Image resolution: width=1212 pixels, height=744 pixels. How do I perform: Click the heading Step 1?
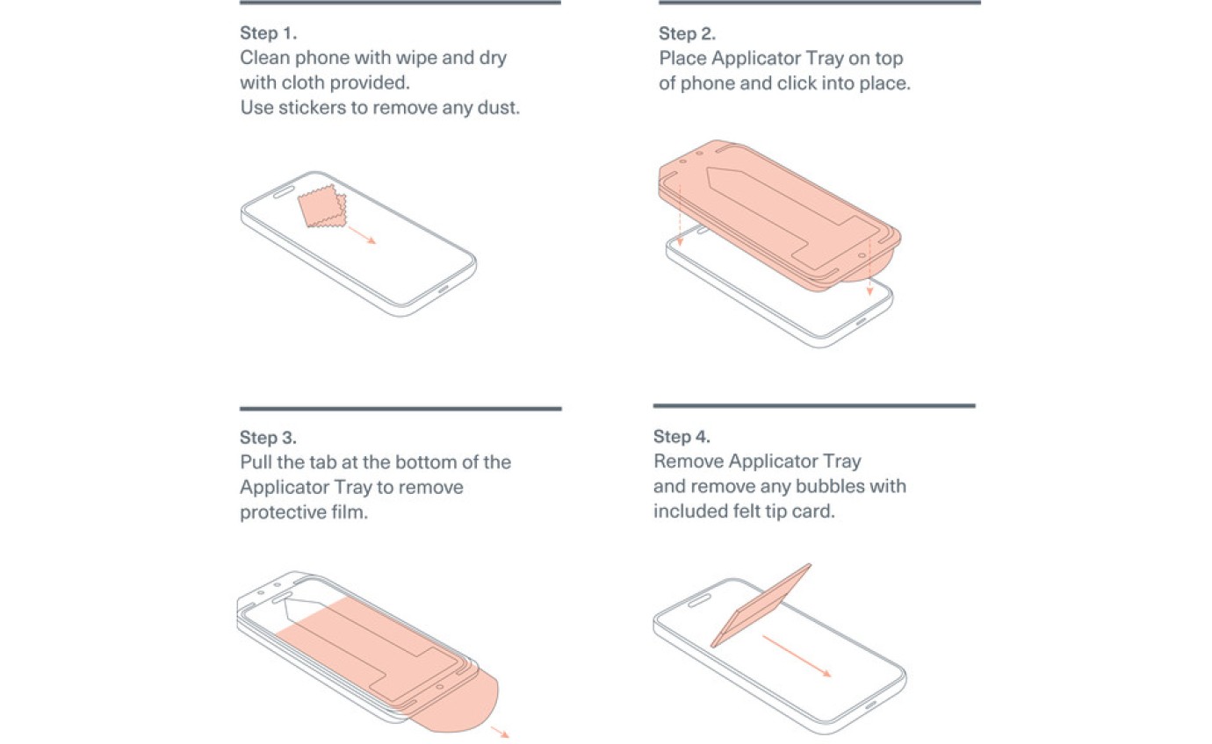pos(269,34)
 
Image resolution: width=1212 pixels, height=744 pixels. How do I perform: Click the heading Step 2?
pos(688,34)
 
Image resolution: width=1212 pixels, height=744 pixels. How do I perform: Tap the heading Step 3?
pos(269,437)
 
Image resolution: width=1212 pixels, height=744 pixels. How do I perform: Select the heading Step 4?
pos(682,437)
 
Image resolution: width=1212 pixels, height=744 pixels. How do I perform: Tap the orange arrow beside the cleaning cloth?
pos(362,235)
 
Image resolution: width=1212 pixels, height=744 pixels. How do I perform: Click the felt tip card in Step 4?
pos(761,605)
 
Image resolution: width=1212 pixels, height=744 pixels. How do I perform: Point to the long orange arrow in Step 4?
pos(795,655)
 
